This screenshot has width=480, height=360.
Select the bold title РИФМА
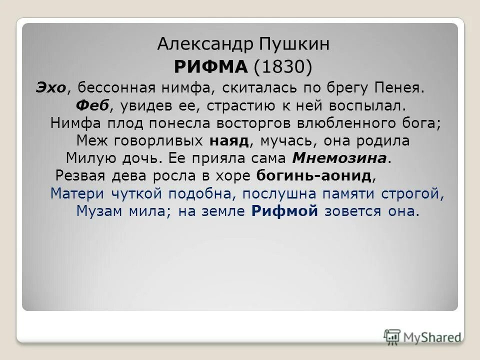tap(210, 66)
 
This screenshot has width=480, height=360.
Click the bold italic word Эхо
tap(50, 88)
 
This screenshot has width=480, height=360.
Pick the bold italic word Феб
tap(89, 106)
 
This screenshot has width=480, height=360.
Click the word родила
tap(385, 141)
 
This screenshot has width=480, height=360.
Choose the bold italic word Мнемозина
tap(339, 158)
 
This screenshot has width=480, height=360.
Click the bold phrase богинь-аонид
tap(314, 176)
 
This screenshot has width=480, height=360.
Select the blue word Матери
tap(77, 193)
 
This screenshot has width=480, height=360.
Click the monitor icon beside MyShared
tap(392, 336)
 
